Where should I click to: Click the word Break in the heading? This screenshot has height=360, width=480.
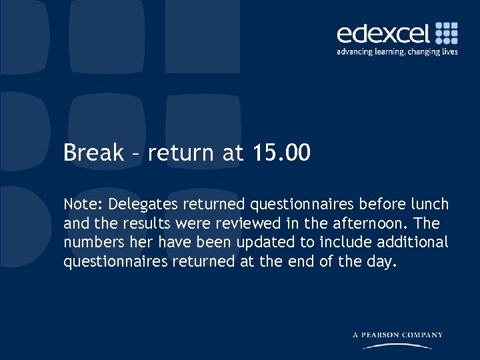[x=93, y=153]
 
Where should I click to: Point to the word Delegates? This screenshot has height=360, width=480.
[x=140, y=203]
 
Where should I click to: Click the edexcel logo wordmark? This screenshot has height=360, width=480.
[x=383, y=33]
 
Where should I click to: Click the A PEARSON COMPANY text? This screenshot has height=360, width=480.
[x=397, y=335]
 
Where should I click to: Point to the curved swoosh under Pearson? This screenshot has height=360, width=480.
[x=397, y=345]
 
